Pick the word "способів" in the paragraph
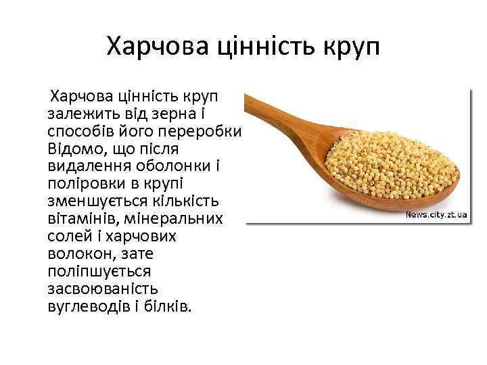coord(78,130)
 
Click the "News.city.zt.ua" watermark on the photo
coord(436,214)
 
